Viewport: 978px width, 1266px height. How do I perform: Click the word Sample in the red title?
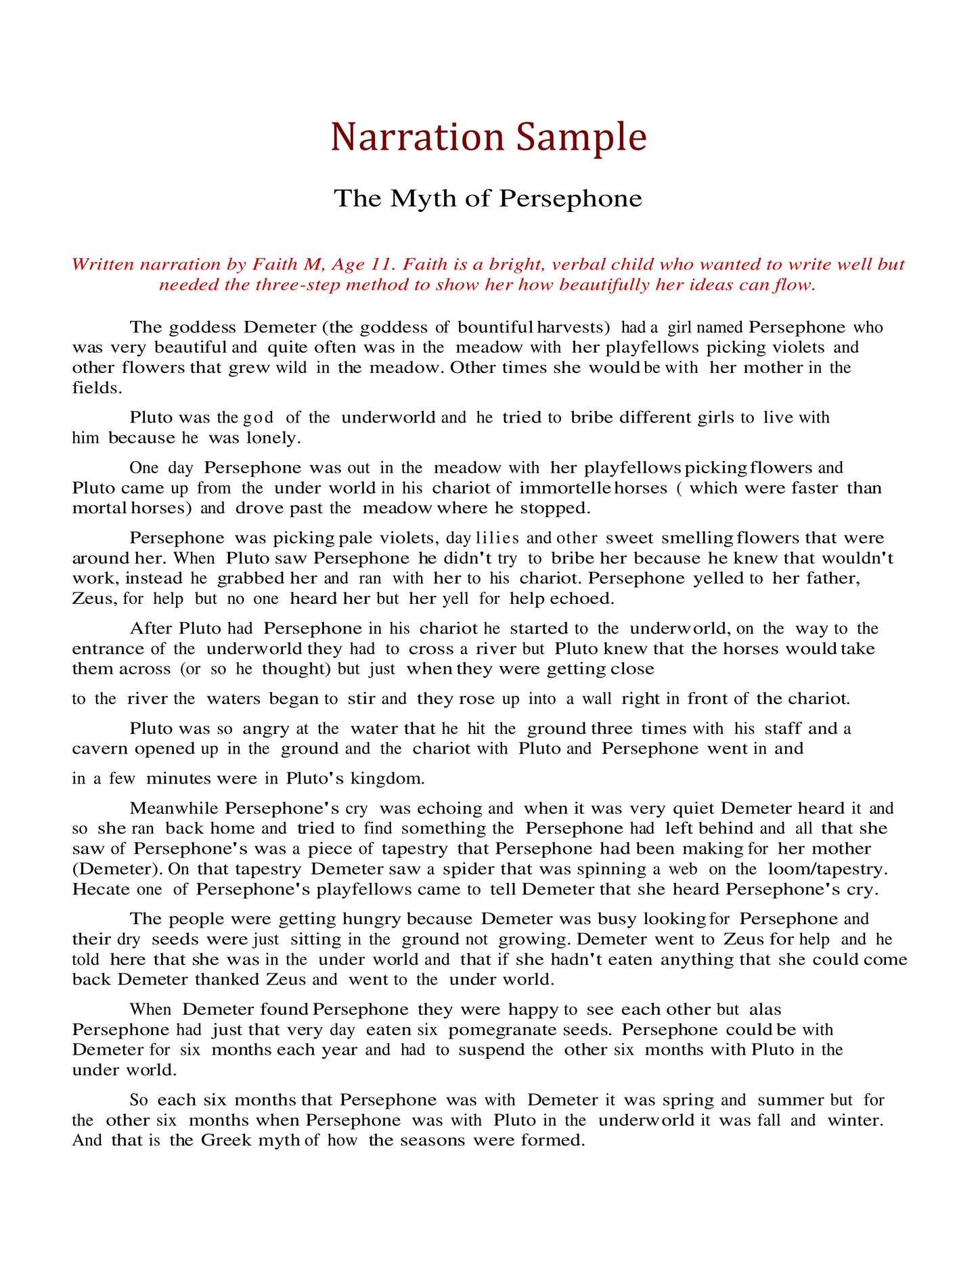pyautogui.click(x=581, y=137)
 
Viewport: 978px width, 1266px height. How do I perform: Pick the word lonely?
pyautogui.click(x=273, y=438)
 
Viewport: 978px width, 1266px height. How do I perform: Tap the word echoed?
pyautogui.click(x=581, y=598)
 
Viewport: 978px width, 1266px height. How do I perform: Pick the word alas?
pyautogui.click(x=765, y=1009)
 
